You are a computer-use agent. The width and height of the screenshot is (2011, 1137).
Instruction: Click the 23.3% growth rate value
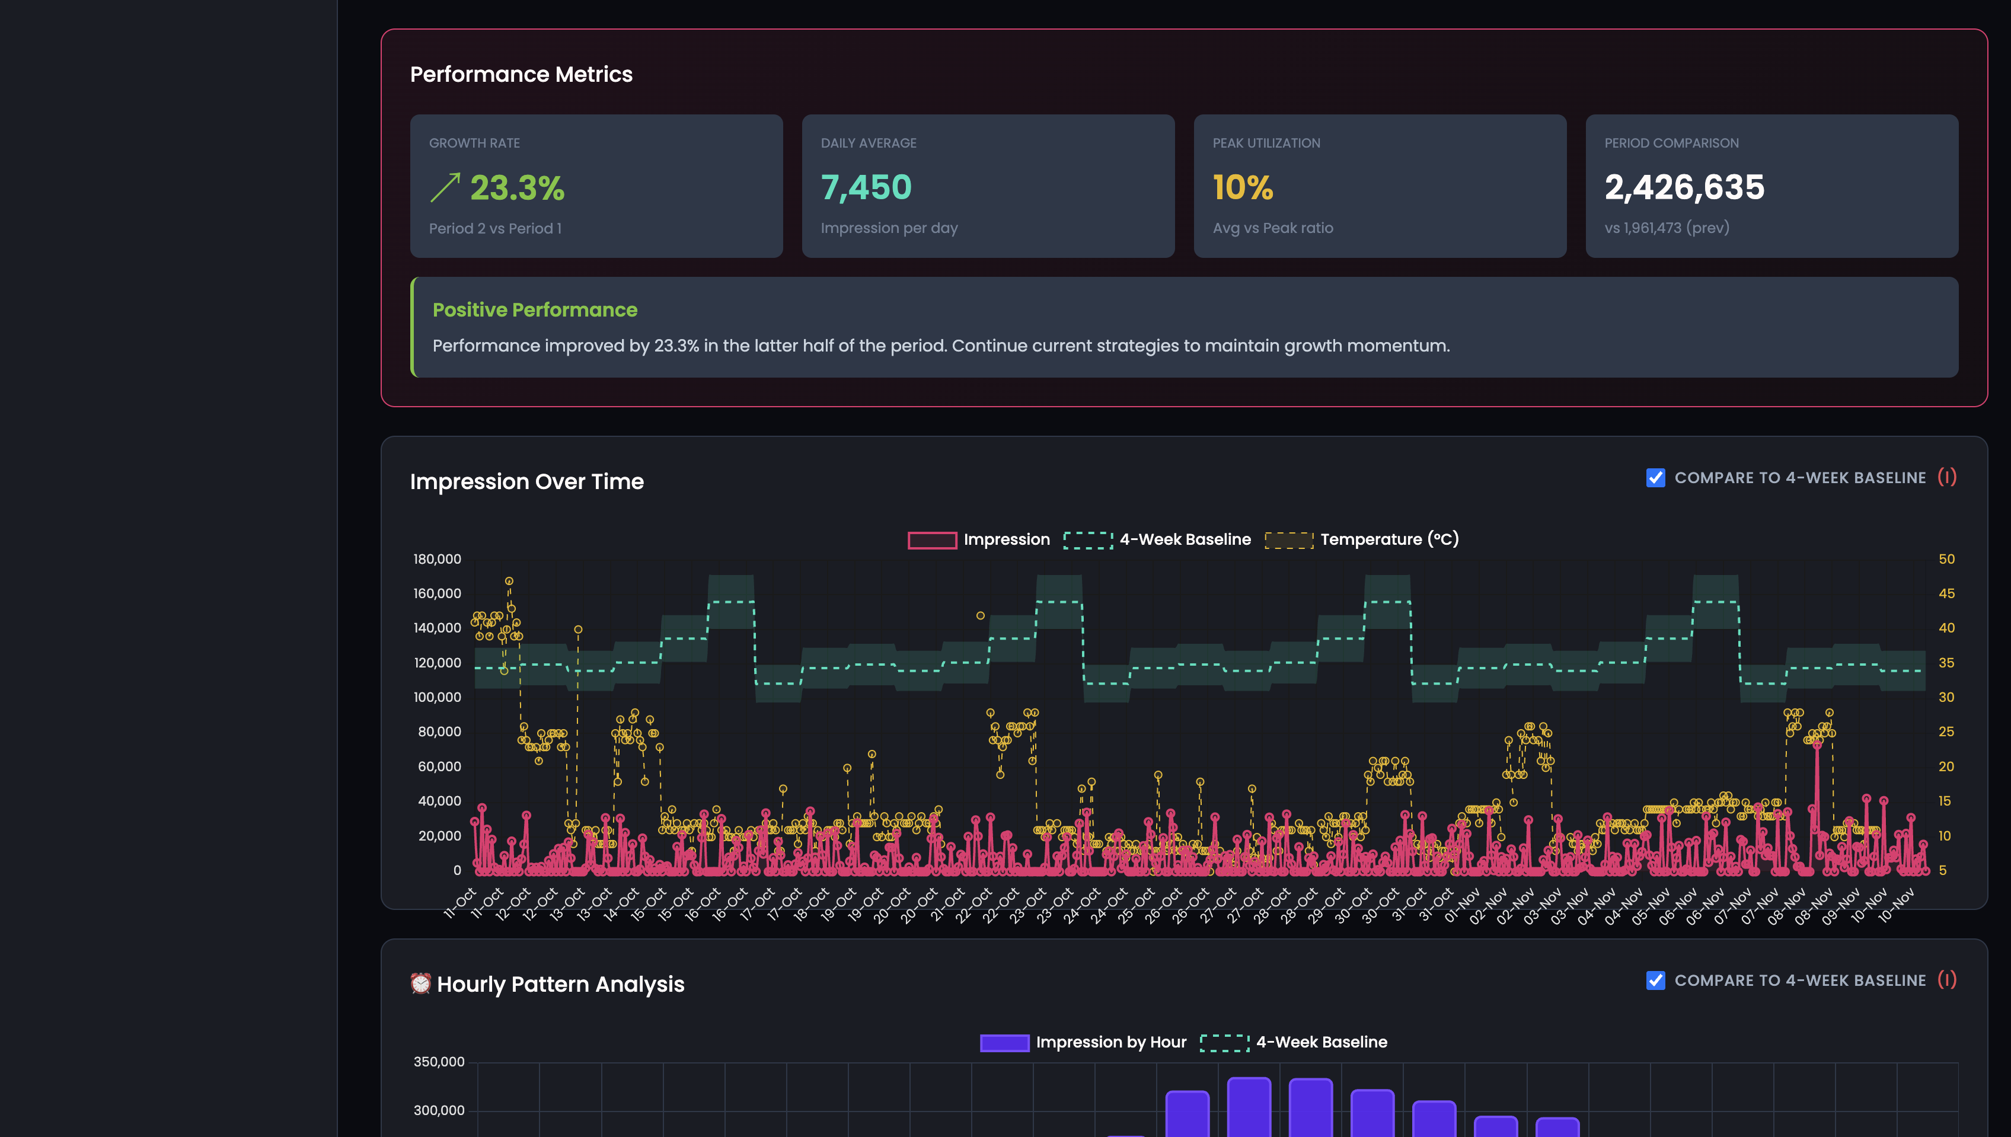(x=516, y=188)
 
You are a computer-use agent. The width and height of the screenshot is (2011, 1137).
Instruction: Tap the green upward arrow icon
(x=445, y=188)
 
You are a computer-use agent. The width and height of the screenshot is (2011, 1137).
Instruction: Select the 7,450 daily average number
(x=866, y=187)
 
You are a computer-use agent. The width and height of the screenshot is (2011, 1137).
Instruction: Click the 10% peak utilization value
(x=1243, y=187)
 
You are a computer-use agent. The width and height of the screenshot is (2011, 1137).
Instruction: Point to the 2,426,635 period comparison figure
(x=1684, y=187)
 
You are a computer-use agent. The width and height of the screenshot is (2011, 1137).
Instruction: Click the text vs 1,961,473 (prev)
(x=1667, y=228)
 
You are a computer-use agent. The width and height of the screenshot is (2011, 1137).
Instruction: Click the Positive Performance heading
(x=535, y=310)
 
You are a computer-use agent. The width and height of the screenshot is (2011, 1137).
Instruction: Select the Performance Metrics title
(x=521, y=74)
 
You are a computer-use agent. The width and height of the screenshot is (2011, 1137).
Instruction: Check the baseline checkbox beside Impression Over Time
(x=1655, y=478)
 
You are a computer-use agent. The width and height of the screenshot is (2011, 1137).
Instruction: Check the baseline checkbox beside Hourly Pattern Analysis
(x=1655, y=981)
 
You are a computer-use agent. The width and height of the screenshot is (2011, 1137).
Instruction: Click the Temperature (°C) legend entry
(x=1388, y=539)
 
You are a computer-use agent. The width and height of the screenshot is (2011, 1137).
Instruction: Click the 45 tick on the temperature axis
(x=1946, y=593)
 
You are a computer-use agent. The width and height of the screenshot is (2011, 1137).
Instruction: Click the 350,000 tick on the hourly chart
(x=438, y=1062)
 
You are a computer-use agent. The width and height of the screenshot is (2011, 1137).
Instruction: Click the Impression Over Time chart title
(x=526, y=482)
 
